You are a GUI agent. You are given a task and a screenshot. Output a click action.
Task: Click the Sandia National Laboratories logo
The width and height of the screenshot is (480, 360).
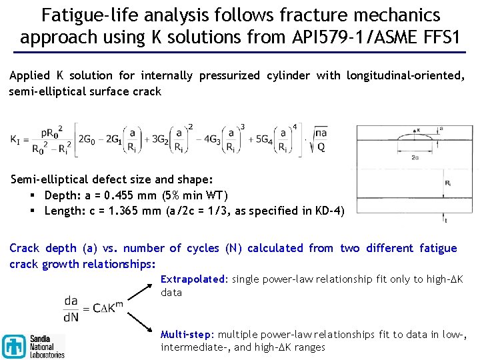(x=33, y=346)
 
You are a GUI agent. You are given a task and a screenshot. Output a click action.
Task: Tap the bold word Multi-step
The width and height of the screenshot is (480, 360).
(x=186, y=333)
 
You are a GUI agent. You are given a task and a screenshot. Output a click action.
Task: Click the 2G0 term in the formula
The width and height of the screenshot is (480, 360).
(x=87, y=139)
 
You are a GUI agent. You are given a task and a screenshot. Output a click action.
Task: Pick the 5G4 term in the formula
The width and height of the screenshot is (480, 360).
(x=257, y=139)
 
